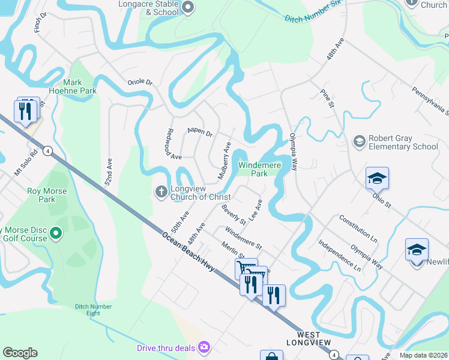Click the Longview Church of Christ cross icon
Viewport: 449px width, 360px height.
point(161,191)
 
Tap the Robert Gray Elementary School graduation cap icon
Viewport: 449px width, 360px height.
point(360,142)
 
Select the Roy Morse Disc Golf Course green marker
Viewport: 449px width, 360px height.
point(56,232)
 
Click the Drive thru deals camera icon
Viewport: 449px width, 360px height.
point(204,347)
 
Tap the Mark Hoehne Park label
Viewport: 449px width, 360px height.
point(80,86)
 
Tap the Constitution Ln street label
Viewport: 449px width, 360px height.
point(358,229)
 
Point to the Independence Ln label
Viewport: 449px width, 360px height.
point(340,256)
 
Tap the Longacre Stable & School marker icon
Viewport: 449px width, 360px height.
point(188,7)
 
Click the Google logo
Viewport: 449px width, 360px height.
point(20,353)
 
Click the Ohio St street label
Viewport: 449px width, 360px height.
point(381,200)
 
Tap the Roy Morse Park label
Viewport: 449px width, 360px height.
point(47,196)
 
